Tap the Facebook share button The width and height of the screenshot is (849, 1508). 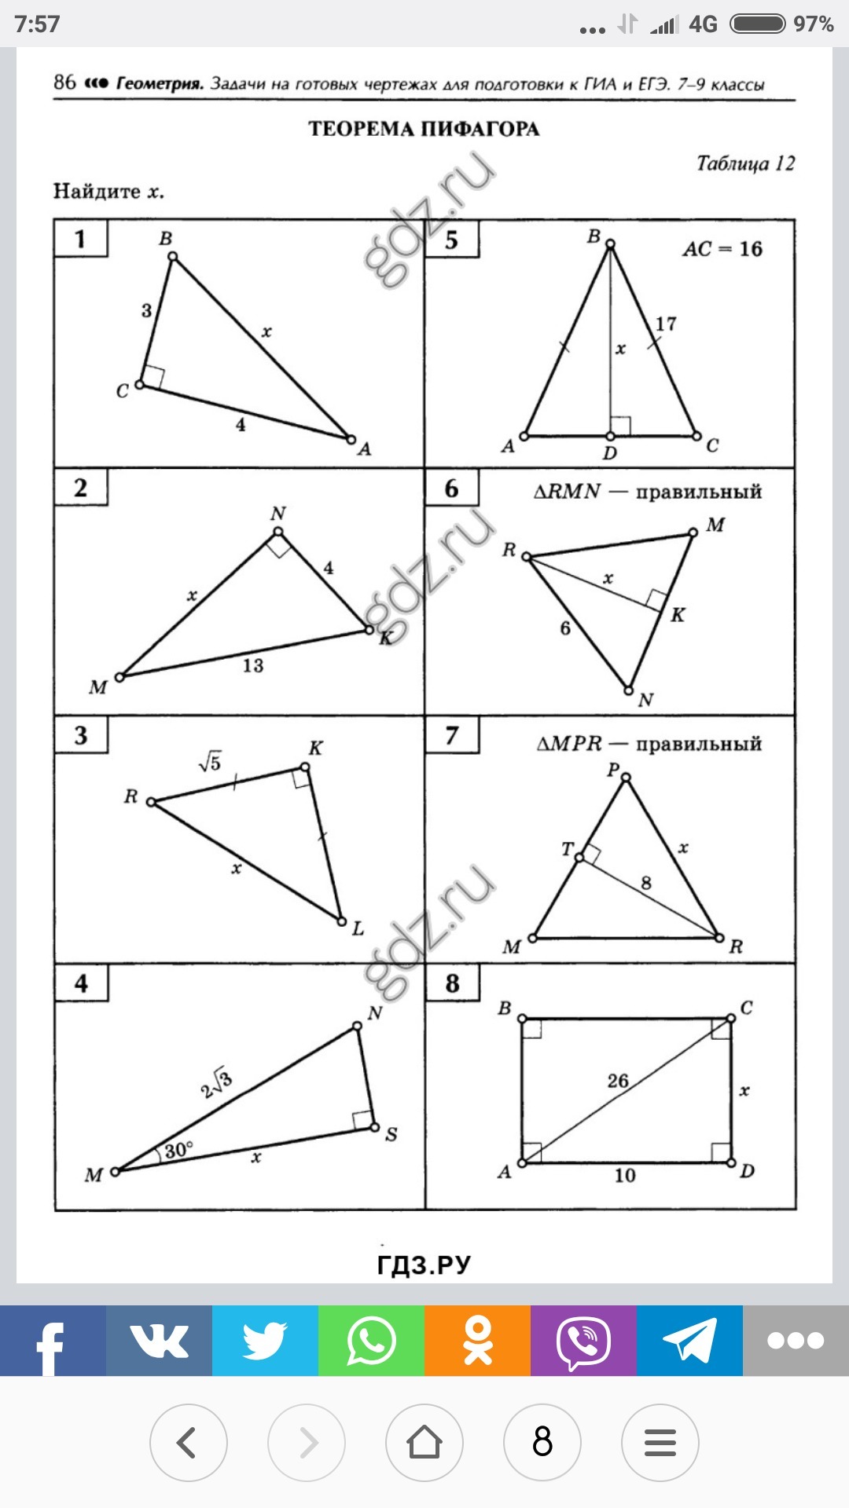pyautogui.click(x=53, y=1340)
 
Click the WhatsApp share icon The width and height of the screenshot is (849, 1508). pyautogui.click(x=371, y=1340)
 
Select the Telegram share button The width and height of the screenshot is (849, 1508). pyautogui.click(x=689, y=1340)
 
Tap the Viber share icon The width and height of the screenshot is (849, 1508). pyautogui.click(x=583, y=1340)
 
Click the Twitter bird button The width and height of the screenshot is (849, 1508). pyautogui.click(x=265, y=1340)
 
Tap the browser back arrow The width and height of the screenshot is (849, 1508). pyautogui.click(x=188, y=1442)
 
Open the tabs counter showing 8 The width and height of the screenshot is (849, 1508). pyautogui.click(x=542, y=1442)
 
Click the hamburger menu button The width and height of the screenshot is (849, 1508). pyautogui.click(x=660, y=1442)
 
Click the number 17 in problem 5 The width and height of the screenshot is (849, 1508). pyautogui.click(x=666, y=324)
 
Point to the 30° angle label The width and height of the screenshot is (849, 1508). pyautogui.click(x=178, y=1150)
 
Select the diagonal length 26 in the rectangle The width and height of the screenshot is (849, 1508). pyautogui.click(x=618, y=1081)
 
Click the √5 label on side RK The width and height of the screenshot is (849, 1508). pyautogui.click(x=210, y=761)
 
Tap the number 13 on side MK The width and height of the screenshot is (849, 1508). pyautogui.click(x=252, y=665)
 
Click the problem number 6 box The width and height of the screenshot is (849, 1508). pyautogui.click(x=451, y=488)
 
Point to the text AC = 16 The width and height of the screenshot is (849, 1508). pyautogui.click(x=722, y=249)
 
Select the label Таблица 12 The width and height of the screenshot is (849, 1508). pyautogui.click(x=745, y=163)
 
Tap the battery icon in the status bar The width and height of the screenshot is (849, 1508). pyautogui.click(x=758, y=24)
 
